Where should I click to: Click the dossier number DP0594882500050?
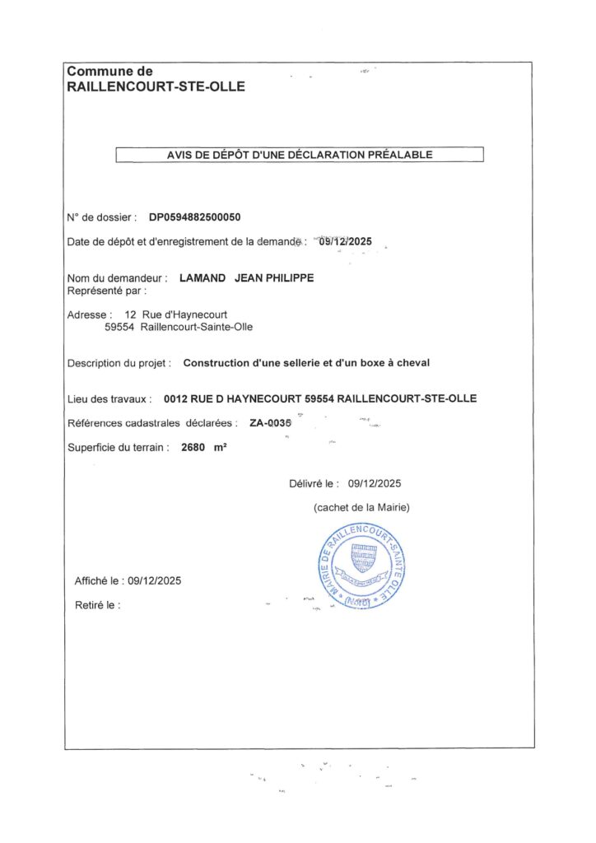[195, 217]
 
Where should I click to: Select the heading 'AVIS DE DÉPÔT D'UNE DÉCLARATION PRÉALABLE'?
[300, 154]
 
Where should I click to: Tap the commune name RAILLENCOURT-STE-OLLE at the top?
[156, 86]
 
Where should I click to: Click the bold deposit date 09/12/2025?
[345, 241]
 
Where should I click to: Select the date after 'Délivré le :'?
[375, 484]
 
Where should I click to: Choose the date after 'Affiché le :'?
[154, 580]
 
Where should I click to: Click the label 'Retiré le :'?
[98, 605]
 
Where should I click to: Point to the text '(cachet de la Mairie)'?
[361, 507]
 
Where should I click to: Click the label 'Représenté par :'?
[106, 291]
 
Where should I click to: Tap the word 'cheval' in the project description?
[412, 362]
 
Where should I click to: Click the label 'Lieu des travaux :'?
[109, 399]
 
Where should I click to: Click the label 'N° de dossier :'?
[101, 217]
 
